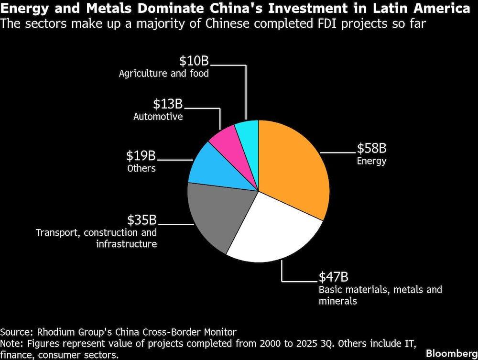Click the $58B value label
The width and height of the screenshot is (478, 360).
coord(372,148)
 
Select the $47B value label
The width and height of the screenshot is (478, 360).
coord(333,277)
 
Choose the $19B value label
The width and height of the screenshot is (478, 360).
coord(141,156)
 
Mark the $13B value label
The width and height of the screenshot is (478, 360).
coord(168,104)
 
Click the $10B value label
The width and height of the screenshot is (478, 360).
coord(194,61)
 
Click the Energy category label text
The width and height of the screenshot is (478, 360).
coord(371,161)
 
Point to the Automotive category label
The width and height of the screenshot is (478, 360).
coord(158,117)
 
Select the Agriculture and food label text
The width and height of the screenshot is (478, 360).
coord(164,74)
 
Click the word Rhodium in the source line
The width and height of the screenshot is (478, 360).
coord(53,332)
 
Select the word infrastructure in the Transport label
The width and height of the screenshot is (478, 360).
coord(126,244)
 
